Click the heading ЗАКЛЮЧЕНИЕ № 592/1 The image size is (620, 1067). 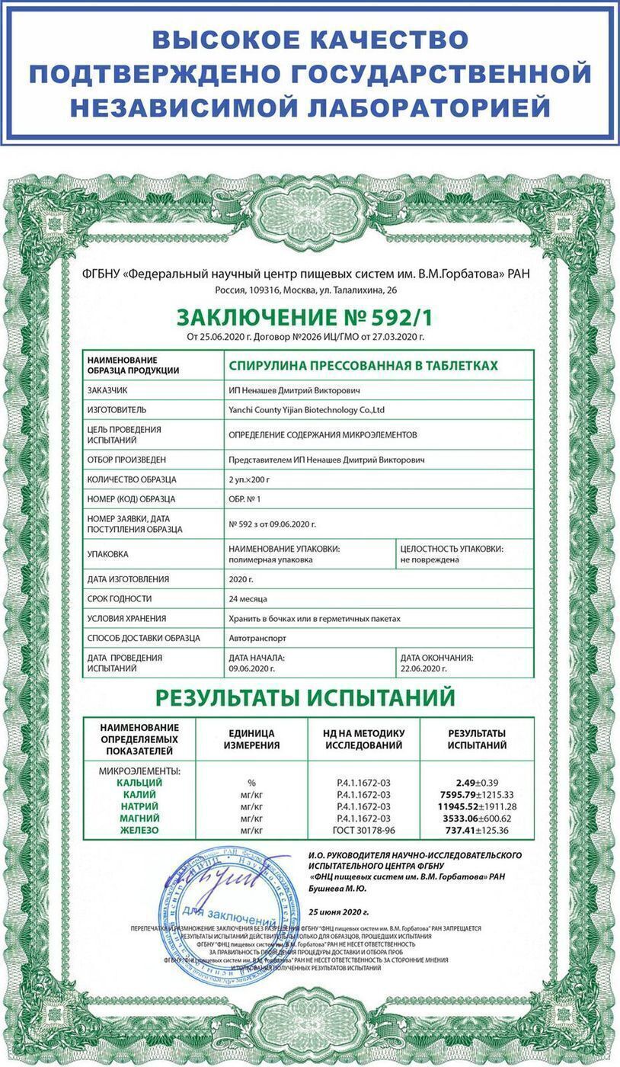click(x=309, y=316)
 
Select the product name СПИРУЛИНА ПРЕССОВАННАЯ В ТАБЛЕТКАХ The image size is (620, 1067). click(x=363, y=366)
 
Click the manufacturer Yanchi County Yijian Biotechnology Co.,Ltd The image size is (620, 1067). click(x=306, y=410)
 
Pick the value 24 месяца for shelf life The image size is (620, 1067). click(x=248, y=599)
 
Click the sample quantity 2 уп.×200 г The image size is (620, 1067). click(x=250, y=479)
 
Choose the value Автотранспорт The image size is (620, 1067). click(x=257, y=638)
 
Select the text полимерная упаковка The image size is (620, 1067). click(x=270, y=560)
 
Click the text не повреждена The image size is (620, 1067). click(x=429, y=560)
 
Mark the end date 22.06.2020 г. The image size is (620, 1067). click(x=423, y=668)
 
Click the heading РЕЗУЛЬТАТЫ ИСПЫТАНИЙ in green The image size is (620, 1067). click(x=305, y=697)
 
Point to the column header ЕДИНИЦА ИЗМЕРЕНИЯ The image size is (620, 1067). click(x=251, y=739)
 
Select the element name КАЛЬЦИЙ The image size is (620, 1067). click(x=139, y=783)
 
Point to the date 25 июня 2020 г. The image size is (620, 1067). click(x=338, y=912)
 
